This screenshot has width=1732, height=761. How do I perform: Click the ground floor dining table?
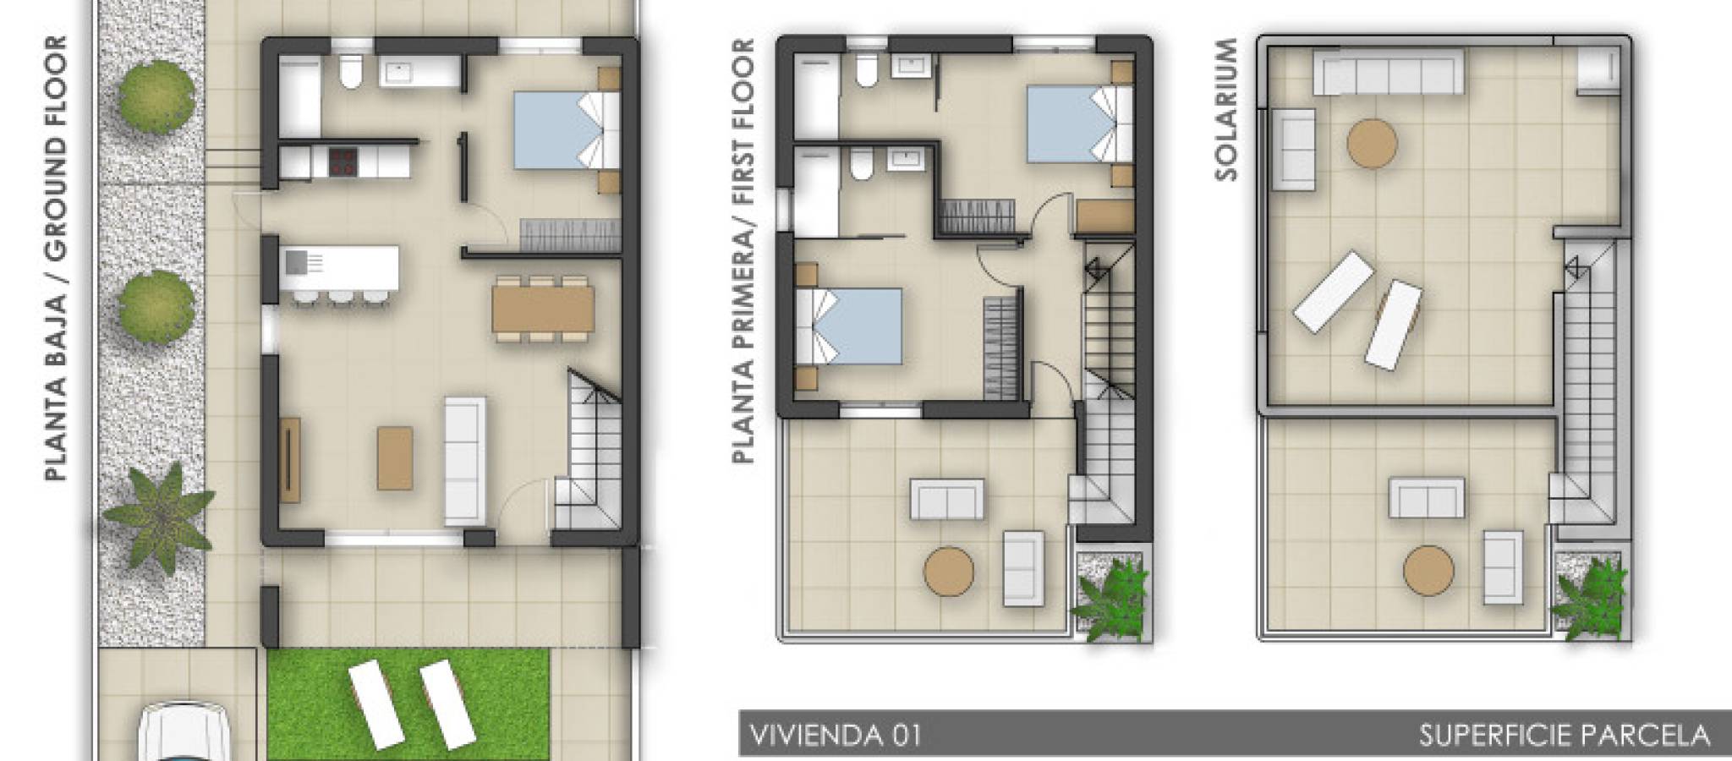click(543, 309)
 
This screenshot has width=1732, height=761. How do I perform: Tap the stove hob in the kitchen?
click(343, 162)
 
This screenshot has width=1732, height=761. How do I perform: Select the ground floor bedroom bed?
click(567, 130)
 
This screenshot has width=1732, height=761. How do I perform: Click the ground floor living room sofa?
click(465, 461)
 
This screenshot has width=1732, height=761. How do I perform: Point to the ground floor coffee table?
click(395, 458)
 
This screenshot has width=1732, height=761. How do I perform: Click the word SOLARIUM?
click(1225, 109)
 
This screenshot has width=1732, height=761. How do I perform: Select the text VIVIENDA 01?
click(835, 735)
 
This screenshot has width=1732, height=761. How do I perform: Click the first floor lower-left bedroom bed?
click(849, 326)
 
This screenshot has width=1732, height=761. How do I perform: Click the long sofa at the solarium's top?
click(1388, 72)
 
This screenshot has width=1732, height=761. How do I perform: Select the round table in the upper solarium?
click(1372, 144)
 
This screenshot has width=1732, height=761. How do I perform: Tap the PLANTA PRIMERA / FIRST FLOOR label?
click(743, 251)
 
